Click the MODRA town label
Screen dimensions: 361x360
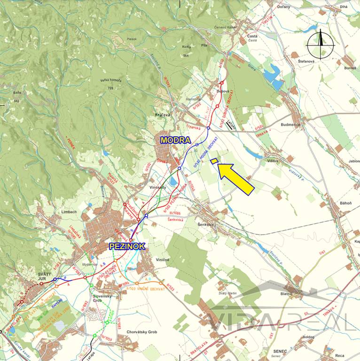click(x=175, y=140)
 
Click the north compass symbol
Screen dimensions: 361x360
click(x=321, y=44)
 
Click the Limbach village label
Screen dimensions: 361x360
click(x=69, y=212)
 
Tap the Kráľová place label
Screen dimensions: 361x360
click(x=162, y=115)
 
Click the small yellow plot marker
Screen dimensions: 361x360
click(x=214, y=161)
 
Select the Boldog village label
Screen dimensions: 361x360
click(x=308, y=337)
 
